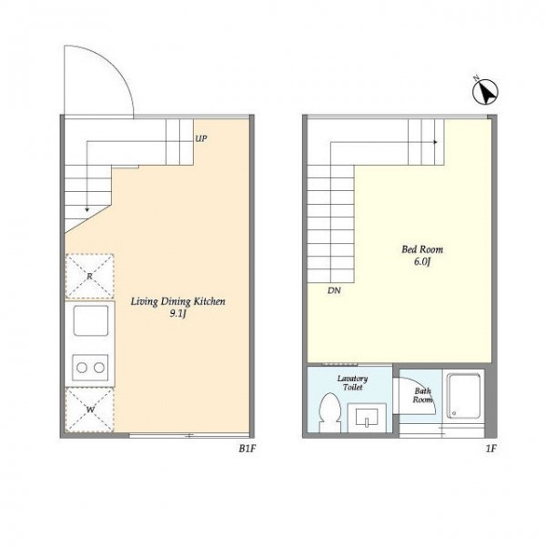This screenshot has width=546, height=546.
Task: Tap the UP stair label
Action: point(201,138)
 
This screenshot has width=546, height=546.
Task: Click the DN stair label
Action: point(334,290)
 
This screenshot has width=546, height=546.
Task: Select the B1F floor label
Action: point(248,449)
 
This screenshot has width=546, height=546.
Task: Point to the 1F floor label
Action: point(490,449)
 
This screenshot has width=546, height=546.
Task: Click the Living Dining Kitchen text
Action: point(178,301)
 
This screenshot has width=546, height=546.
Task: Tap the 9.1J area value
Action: point(178,314)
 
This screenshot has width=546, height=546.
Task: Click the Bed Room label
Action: point(422,249)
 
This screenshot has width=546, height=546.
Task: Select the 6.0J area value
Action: point(422,262)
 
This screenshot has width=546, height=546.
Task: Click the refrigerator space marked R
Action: point(90,276)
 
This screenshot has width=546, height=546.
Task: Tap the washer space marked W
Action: point(90,409)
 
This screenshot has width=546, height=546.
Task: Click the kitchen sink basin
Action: point(91,320)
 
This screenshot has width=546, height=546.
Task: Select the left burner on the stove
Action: point(82,368)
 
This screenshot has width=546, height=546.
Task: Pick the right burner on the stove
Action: point(99,368)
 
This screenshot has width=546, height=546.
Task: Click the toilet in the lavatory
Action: point(329,412)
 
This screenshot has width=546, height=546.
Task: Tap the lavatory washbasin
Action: point(367,418)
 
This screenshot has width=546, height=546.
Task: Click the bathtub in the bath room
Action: point(463,396)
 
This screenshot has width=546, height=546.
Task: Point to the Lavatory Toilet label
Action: point(352,383)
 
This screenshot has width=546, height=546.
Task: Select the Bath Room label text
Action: point(423,396)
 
